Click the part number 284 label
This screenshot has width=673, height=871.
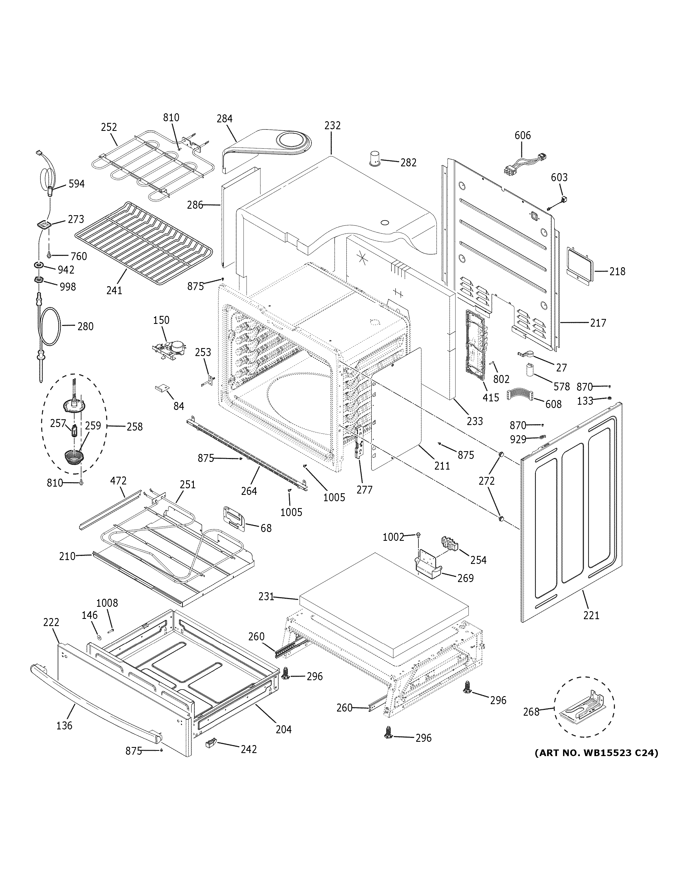(x=224, y=118)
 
